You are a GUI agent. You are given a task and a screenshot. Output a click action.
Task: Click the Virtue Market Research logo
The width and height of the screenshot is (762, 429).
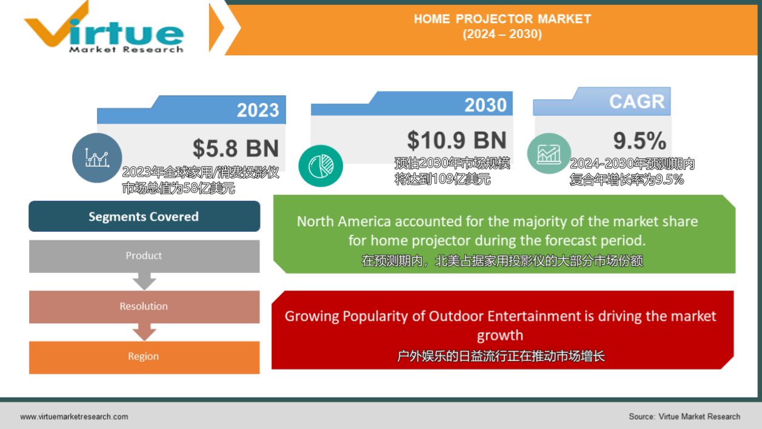pyautogui.click(x=104, y=28)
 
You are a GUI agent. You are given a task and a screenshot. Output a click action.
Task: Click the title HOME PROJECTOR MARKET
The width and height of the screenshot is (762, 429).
pyautogui.click(x=503, y=19)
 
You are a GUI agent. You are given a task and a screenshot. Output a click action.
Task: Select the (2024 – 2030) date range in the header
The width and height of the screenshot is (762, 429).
pyautogui.click(x=502, y=34)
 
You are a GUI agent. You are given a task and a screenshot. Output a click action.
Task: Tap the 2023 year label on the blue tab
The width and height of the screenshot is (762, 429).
pyautogui.click(x=258, y=110)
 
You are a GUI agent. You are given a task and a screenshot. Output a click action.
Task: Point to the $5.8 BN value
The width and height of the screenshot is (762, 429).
pyautogui.click(x=236, y=149)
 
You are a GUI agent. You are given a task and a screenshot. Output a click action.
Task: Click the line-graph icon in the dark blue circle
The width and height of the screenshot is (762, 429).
pyautogui.click(x=97, y=158)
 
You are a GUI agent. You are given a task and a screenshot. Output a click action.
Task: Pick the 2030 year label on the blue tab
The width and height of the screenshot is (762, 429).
pyautogui.click(x=486, y=105)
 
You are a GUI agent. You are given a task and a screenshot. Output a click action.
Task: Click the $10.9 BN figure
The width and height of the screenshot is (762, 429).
pyautogui.click(x=457, y=140)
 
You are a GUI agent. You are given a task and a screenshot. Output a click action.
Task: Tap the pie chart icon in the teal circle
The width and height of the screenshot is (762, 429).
pyautogui.click(x=321, y=166)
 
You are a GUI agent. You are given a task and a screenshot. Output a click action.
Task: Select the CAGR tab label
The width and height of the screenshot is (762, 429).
pyautogui.click(x=637, y=101)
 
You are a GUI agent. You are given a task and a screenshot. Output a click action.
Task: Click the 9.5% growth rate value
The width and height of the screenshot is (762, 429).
pyautogui.click(x=640, y=141)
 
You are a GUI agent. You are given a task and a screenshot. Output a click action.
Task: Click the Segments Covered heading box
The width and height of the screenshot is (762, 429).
pyautogui.click(x=144, y=216)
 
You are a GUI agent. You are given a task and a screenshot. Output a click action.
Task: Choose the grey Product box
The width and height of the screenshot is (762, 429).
pyautogui.click(x=144, y=256)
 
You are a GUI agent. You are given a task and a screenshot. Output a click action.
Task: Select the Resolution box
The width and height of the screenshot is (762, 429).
pyautogui.click(x=144, y=306)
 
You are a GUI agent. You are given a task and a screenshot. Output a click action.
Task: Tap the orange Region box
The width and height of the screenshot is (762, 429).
pyautogui.click(x=144, y=357)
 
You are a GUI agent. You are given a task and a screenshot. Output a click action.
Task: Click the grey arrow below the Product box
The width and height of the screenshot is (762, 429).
pyautogui.click(x=144, y=281)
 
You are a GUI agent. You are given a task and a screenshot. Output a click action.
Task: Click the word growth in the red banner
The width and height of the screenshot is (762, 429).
pyautogui.click(x=500, y=336)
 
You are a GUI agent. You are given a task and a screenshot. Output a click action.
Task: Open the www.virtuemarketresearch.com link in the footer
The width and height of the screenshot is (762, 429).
pyautogui.click(x=74, y=416)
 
